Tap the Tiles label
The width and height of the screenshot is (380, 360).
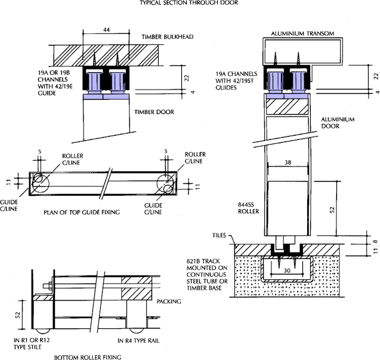[230, 235]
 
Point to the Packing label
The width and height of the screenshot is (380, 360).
[169, 302]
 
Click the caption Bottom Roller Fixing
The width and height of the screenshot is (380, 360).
[88, 357]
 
